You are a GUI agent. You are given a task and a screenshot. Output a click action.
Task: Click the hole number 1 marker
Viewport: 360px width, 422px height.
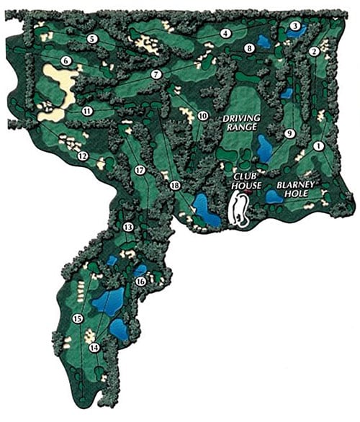tap(318, 145)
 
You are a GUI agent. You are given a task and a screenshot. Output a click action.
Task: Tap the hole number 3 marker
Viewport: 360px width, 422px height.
tap(294, 27)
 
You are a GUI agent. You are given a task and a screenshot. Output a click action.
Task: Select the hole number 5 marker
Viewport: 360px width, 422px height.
tap(92, 38)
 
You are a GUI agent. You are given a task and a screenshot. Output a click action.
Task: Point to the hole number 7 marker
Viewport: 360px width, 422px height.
tap(156, 75)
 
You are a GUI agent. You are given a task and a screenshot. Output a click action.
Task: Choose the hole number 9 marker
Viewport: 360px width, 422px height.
tap(289, 133)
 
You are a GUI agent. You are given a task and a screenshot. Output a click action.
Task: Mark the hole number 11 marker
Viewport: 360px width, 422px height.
tap(87, 111)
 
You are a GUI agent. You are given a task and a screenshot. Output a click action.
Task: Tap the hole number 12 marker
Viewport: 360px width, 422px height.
tap(83, 156)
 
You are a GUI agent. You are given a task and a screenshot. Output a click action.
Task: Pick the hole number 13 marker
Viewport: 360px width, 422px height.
tap(128, 228)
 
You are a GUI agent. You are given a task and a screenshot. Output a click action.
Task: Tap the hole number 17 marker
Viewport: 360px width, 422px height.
tap(140, 170)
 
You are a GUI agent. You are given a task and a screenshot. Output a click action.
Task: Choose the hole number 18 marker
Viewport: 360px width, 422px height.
tap(174, 186)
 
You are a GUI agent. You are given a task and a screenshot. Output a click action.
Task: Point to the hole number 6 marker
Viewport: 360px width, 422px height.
tap(66, 61)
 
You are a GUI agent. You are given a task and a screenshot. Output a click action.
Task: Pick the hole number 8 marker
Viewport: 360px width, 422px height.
tap(249, 48)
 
